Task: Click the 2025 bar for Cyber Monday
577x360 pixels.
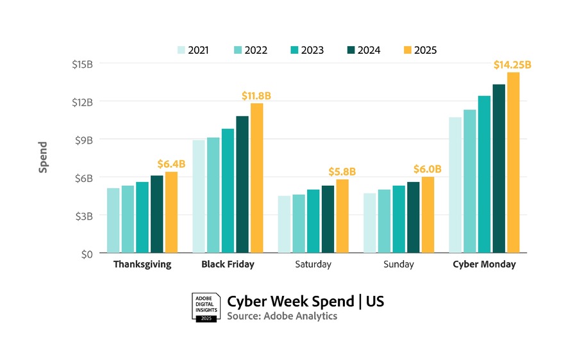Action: [x=513, y=163]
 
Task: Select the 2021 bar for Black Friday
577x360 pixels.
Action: [x=199, y=196]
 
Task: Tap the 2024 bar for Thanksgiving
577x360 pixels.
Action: [x=156, y=214]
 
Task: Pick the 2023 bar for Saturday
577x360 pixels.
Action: [x=313, y=221]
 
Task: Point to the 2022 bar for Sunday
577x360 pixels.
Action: [x=384, y=221]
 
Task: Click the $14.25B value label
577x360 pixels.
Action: [x=512, y=65]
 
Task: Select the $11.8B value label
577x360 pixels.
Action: [x=256, y=95]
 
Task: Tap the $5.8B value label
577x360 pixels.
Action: [x=342, y=172]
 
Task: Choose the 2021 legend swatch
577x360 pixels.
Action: [x=181, y=50]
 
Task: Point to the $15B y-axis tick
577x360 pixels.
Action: [x=81, y=64]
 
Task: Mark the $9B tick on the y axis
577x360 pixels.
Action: [x=83, y=140]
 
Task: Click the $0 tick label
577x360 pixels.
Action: [x=86, y=254]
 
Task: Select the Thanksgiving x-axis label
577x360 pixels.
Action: [x=142, y=265]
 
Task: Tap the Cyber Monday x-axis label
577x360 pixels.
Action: [x=484, y=265]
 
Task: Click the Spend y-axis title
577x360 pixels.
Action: [x=43, y=158]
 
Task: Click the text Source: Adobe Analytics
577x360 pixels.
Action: [x=282, y=316]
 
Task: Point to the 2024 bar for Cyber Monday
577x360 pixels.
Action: [x=499, y=168]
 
